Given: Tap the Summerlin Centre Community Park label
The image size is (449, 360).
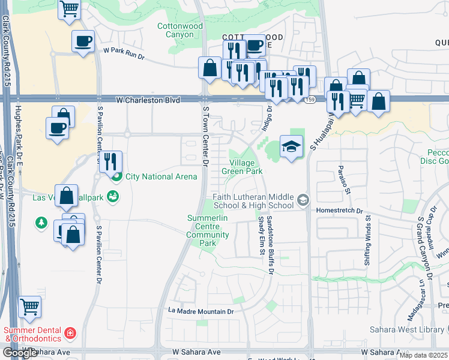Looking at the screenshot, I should click(208, 230).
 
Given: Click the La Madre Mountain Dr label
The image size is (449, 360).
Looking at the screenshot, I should click(200, 311).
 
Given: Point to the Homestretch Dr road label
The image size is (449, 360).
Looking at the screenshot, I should click(344, 211).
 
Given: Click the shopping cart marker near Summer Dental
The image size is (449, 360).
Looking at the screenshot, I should click(30, 307).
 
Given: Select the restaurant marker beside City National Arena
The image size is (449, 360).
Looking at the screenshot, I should click(110, 162).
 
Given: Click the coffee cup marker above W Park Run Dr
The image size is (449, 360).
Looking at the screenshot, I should click(83, 41).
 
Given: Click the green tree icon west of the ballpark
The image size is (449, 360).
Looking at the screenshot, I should click(41, 223).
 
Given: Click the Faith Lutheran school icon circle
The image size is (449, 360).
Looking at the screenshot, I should click(304, 199).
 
